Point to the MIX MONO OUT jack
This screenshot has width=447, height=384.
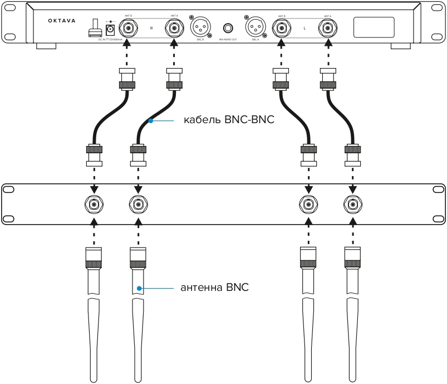[227, 28]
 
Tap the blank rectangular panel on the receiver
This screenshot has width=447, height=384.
[373, 27]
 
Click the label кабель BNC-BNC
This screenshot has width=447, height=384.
[229, 120]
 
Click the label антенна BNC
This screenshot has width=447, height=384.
[214, 288]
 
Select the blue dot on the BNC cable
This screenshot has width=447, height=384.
[150, 120]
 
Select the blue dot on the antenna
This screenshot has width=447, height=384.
[140, 288]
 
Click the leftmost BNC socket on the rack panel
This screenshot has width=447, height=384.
[94, 205]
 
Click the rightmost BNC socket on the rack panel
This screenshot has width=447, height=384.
[352, 205]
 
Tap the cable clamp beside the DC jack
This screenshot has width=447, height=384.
[94, 28]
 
